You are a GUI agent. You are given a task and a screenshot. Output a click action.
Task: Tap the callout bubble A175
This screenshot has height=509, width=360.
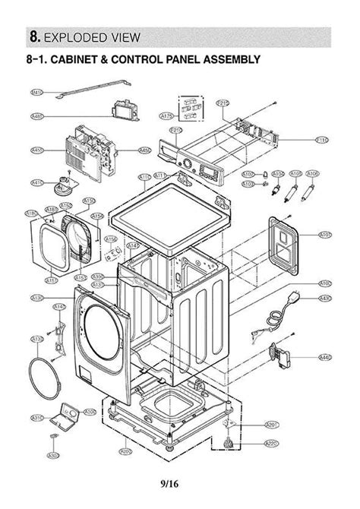pyautogui.click(x=167, y=116)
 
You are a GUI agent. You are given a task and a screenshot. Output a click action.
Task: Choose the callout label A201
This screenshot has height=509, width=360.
pyautogui.click(x=271, y=424)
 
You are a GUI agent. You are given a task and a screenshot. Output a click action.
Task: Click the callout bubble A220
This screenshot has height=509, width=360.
pyautogui.click(x=271, y=443)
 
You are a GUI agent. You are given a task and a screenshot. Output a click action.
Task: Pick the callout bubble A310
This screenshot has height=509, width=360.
pyautogui.click(x=36, y=418)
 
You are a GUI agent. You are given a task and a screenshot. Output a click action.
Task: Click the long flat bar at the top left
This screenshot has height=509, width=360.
pyautogui.click(x=85, y=95)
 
